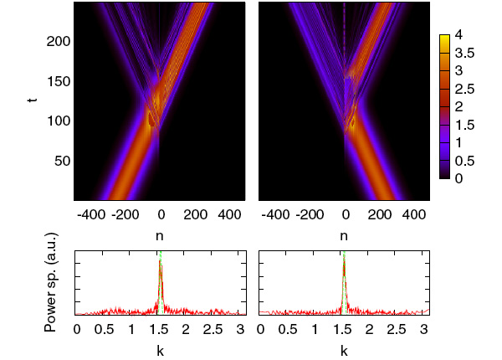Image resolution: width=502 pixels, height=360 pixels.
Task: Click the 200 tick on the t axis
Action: (57, 42)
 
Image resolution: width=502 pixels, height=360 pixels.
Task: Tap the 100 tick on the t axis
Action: (57, 121)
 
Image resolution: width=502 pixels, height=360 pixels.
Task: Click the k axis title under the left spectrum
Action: (160, 351)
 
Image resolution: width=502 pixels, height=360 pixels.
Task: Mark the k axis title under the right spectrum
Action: (344, 351)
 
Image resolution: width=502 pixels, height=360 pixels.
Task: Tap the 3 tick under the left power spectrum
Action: (240, 329)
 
